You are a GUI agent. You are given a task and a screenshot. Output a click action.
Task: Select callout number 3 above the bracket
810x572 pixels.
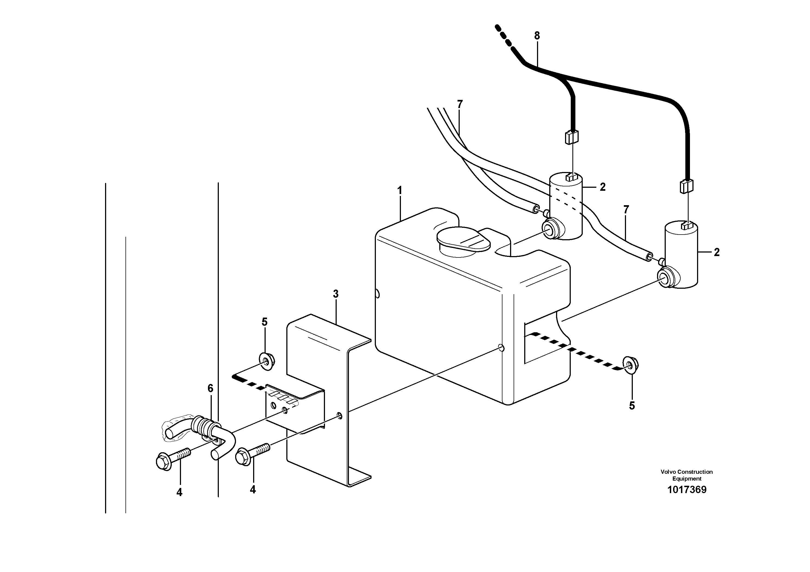point(336,294)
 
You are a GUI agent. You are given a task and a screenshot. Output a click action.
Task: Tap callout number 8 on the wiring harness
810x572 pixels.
point(537,36)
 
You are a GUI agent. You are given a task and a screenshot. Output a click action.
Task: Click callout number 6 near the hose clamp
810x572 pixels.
point(210,388)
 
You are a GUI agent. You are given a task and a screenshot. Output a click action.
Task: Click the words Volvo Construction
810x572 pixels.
point(686,472)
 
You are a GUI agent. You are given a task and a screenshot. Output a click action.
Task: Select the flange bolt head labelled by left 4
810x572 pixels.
point(164,462)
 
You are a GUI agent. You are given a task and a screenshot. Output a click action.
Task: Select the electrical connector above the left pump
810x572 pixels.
point(572,137)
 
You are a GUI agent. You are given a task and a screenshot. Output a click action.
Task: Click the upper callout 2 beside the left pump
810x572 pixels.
point(603,187)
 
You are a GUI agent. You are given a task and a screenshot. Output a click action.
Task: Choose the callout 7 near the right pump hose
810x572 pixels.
point(626,210)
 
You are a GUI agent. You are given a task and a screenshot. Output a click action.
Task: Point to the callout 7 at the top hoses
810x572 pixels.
point(459,104)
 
